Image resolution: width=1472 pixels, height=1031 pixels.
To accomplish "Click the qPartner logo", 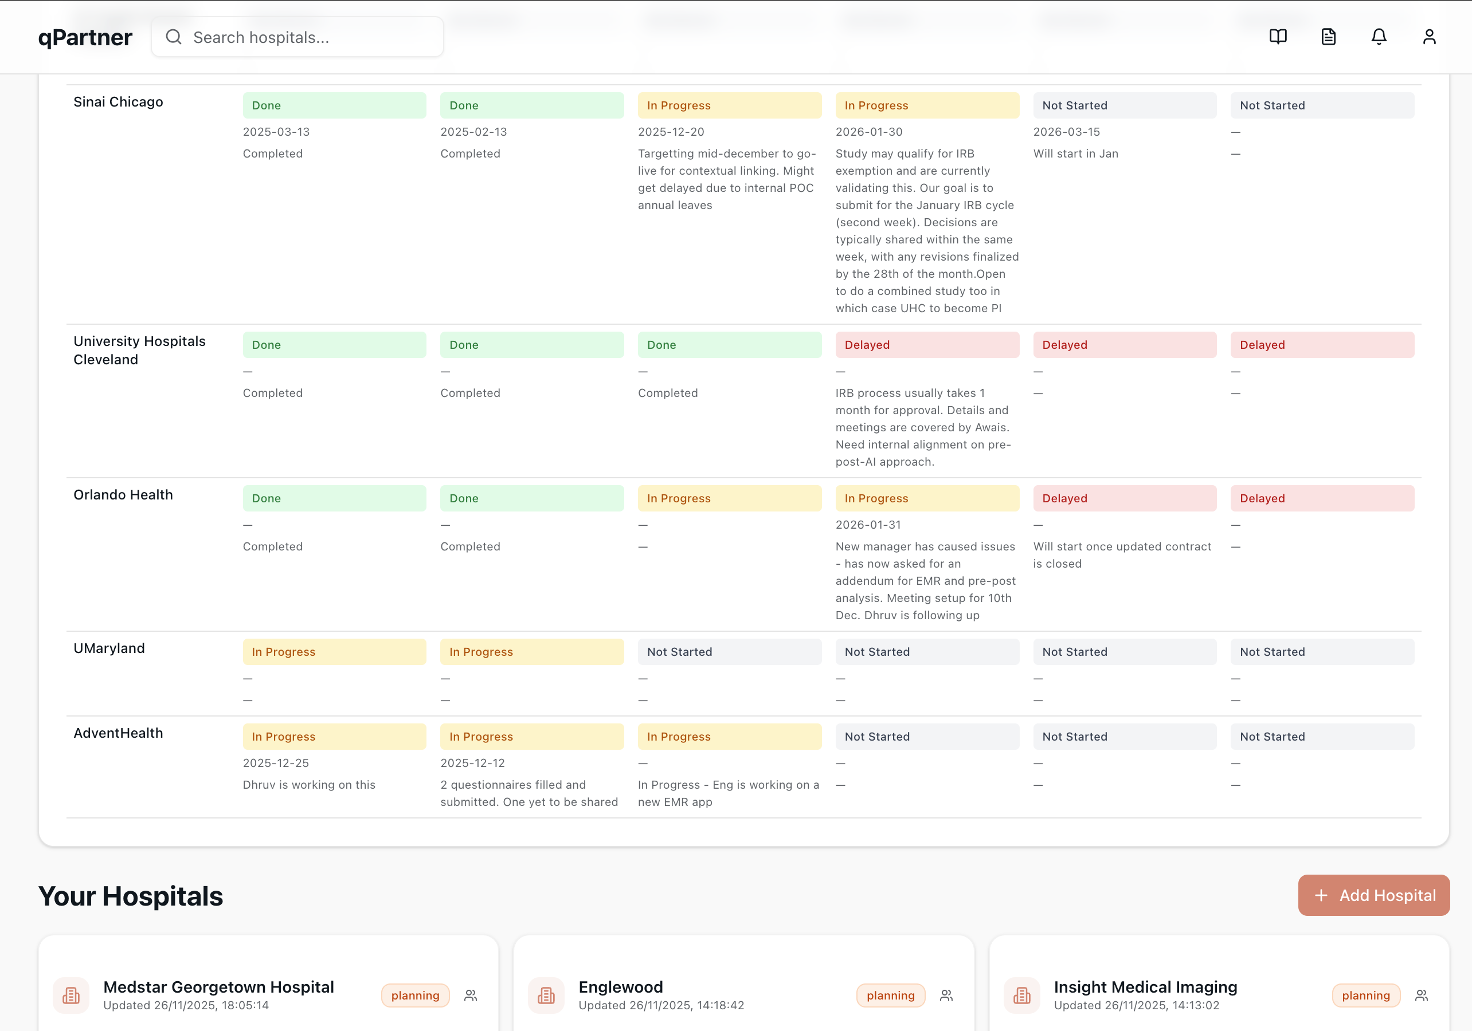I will pos(85,37).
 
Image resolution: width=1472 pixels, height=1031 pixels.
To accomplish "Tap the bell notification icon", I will pos(1379,37).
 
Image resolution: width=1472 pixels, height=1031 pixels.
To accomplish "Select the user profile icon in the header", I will pos(1429,37).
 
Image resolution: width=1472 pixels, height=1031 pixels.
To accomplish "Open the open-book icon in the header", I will pos(1278,37).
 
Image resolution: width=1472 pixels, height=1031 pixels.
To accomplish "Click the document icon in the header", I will pos(1328,37).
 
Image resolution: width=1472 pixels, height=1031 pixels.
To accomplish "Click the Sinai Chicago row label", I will pos(118,102).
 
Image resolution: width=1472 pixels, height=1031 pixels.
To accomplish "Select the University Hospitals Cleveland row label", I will pos(139,350).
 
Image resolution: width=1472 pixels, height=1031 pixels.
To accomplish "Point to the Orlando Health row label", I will pos(123,495).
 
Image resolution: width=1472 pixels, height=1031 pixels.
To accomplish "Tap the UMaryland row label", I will pos(109,648).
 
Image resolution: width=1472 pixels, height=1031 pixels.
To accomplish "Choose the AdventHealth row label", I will pos(118,733).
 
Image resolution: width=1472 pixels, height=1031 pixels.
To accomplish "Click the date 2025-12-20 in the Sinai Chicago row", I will pos(671,131).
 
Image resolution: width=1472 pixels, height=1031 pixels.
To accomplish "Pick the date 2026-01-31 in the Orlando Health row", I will pos(868,524).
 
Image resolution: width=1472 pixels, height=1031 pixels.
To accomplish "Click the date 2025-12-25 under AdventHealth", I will pos(276,762).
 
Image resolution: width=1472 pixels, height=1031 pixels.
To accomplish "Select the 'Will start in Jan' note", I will pos(1075,153).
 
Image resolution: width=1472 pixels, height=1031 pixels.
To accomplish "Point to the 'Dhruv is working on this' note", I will pos(309,784).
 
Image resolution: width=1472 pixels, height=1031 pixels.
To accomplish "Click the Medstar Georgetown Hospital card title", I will pos(218,986).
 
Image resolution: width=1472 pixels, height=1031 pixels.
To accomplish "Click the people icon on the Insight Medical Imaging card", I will pos(1422,995).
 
